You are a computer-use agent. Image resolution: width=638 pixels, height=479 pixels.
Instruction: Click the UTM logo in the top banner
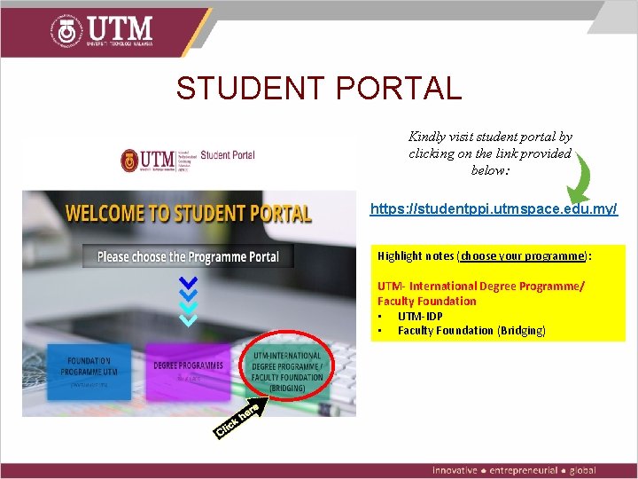(x=102, y=30)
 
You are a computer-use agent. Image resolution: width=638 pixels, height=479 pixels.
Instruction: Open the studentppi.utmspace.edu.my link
(x=494, y=209)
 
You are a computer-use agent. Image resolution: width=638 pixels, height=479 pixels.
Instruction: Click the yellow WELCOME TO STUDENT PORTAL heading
(x=188, y=214)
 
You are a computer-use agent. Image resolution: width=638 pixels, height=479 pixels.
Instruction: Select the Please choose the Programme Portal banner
(x=188, y=256)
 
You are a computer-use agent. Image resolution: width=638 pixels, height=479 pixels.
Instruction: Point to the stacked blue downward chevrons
(x=188, y=300)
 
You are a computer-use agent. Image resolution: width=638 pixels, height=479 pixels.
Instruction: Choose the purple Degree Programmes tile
(x=188, y=370)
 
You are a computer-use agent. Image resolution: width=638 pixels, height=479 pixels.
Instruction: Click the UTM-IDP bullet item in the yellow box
(x=420, y=316)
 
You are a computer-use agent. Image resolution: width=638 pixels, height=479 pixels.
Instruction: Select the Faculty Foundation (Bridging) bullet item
(x=471, y=330)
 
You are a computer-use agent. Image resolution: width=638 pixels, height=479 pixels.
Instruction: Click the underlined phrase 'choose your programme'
(x=523, y=255)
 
